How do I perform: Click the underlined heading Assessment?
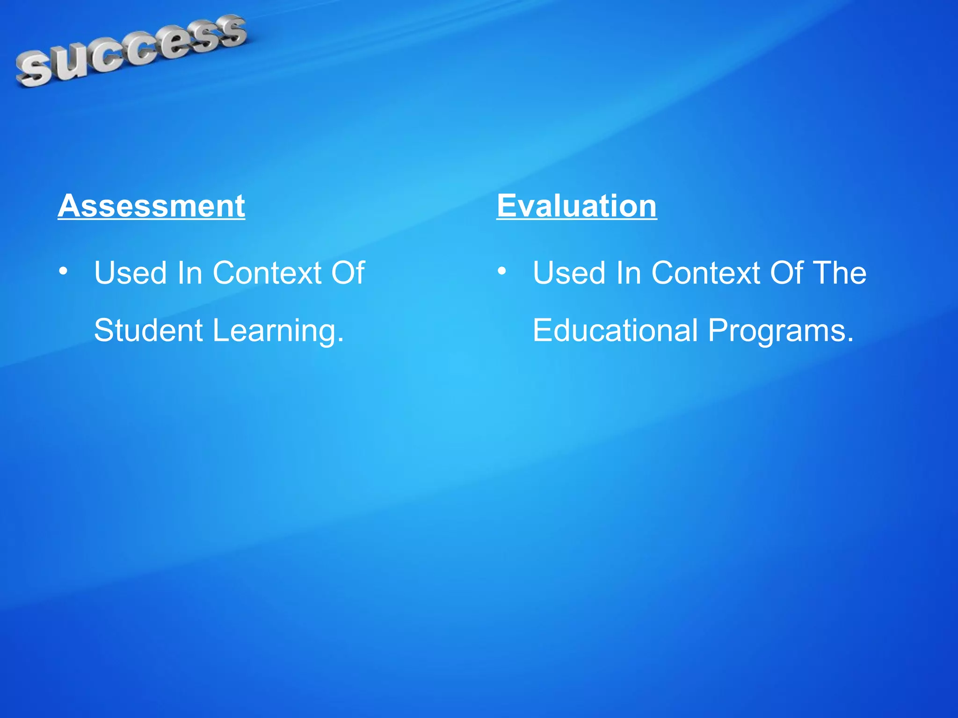pyautogui.click(x=151, y=206)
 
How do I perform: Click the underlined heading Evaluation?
pyautogui.click(x=576, y=206)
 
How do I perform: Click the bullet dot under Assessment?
pyautogui.click(x=63, y=271)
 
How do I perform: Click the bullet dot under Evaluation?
pyautogui.click(x=502, y=271)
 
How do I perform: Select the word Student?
pyautogui.click(x=148, y=330)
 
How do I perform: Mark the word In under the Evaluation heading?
pyautogui.click(x=628, y=273)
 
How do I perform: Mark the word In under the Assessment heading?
pyautogui.click(x=189, y=273)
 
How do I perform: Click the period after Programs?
pyautogui.click(x=850, y=340)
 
